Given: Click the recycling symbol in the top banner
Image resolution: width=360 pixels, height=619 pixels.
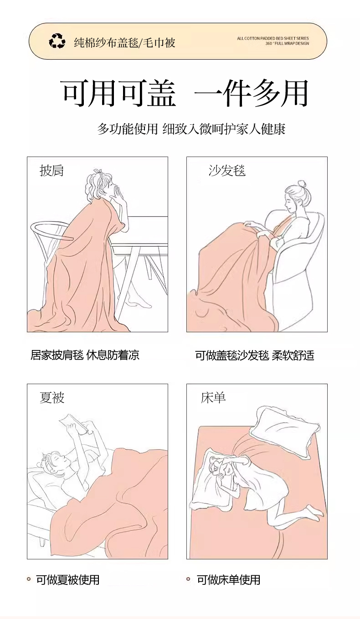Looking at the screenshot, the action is pos(57,41).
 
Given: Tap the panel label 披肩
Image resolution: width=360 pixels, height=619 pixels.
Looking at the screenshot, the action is pos(52,170).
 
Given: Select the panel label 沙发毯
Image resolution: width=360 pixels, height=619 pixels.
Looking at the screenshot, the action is pos(227,170).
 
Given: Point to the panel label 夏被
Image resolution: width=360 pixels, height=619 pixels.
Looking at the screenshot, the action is pos(52,398).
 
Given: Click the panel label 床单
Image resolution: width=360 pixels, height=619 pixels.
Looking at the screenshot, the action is pos(213,398).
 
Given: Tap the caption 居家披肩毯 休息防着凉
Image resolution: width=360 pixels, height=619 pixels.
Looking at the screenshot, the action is pos(85,355).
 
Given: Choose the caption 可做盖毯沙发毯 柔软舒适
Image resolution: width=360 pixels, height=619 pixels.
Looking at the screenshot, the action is pos(255,355).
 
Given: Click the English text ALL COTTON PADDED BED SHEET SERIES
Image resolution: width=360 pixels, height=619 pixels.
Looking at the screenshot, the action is pos(273,38).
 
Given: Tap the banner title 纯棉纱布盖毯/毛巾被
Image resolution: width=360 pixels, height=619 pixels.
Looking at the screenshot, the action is pos(124,43).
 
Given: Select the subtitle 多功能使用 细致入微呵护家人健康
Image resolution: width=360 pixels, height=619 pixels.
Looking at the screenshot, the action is pos(191,129).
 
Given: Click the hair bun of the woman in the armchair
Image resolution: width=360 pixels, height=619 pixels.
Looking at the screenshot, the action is pos(302,184).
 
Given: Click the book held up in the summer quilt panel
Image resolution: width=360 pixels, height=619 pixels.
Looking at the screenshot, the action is pos(73,423).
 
